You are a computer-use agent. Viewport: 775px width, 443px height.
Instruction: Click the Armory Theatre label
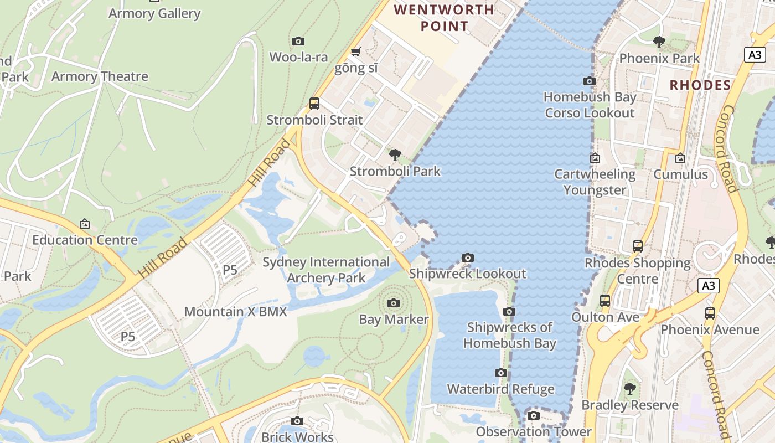click(x=100, y=76)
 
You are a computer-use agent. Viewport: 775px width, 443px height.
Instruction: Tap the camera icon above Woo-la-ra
click(x=298, y=41)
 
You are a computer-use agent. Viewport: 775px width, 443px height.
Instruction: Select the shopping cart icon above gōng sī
click(x=355, y=52)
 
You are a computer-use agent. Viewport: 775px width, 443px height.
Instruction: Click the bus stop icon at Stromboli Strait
click(x=314, y=103)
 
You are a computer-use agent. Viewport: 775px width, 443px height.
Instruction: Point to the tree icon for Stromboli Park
click(x=395, y=154)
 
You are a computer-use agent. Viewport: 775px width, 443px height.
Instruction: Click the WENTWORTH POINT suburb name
click(x=444, y=18)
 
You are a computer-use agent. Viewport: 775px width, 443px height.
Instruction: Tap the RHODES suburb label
click(x=700, y=85)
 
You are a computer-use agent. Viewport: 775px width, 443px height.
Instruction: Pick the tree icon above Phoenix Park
click(x=659, y=42)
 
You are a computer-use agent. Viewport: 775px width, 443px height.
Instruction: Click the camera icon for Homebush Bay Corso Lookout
click(x=590, y=81)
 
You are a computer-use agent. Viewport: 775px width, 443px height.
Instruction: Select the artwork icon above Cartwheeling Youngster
click(x=595, y=158)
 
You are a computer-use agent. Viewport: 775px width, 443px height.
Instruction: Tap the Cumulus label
click(x=680, y=174)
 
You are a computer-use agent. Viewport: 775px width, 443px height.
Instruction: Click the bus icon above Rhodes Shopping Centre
click(x=638, y=246)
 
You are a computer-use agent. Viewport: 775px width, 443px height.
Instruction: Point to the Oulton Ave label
click(x=605, y=317)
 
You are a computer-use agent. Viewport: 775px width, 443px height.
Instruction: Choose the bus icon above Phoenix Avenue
click(x=710, y=313)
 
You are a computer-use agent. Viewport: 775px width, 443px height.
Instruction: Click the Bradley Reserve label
click(x=629, y=405)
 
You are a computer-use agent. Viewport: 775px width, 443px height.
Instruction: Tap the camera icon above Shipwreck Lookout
click(x=468, y=257)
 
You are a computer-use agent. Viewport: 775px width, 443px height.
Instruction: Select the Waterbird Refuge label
click(x=500, y=389)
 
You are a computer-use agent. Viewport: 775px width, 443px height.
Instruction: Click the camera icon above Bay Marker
click(x=394, y=303)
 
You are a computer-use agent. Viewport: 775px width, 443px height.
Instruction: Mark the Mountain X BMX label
click(x=235, y=312)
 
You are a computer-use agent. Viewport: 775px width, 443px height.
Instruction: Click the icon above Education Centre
click(x=85, y=224)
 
